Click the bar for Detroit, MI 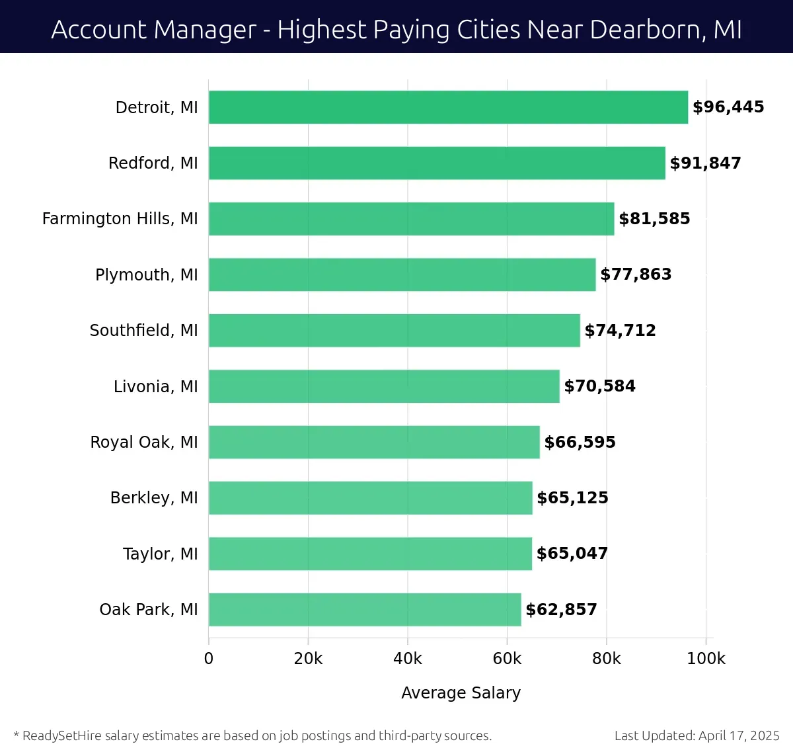[x=448, y=107]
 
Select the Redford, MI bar [x=437, y=163]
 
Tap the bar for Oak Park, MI [x=365, y=609]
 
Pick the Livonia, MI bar [x=384, y=386]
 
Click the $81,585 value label [x=654, y=218]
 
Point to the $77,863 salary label [x=636, y=274]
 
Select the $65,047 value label [x=572, y=554]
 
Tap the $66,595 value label [x=580, y=442]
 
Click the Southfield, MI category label [x=143, y=330]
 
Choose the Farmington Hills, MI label [x=120, y=218]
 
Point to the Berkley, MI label [x=154, y=497]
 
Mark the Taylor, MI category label [x=160, y=554]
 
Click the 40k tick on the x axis [x=408, y=659]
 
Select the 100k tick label [x=706, y=659]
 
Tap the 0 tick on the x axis [x=209, y=659]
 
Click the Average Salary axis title [x=461, y=692]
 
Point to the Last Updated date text [x=697, y=735]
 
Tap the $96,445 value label [x=728, y=107]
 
